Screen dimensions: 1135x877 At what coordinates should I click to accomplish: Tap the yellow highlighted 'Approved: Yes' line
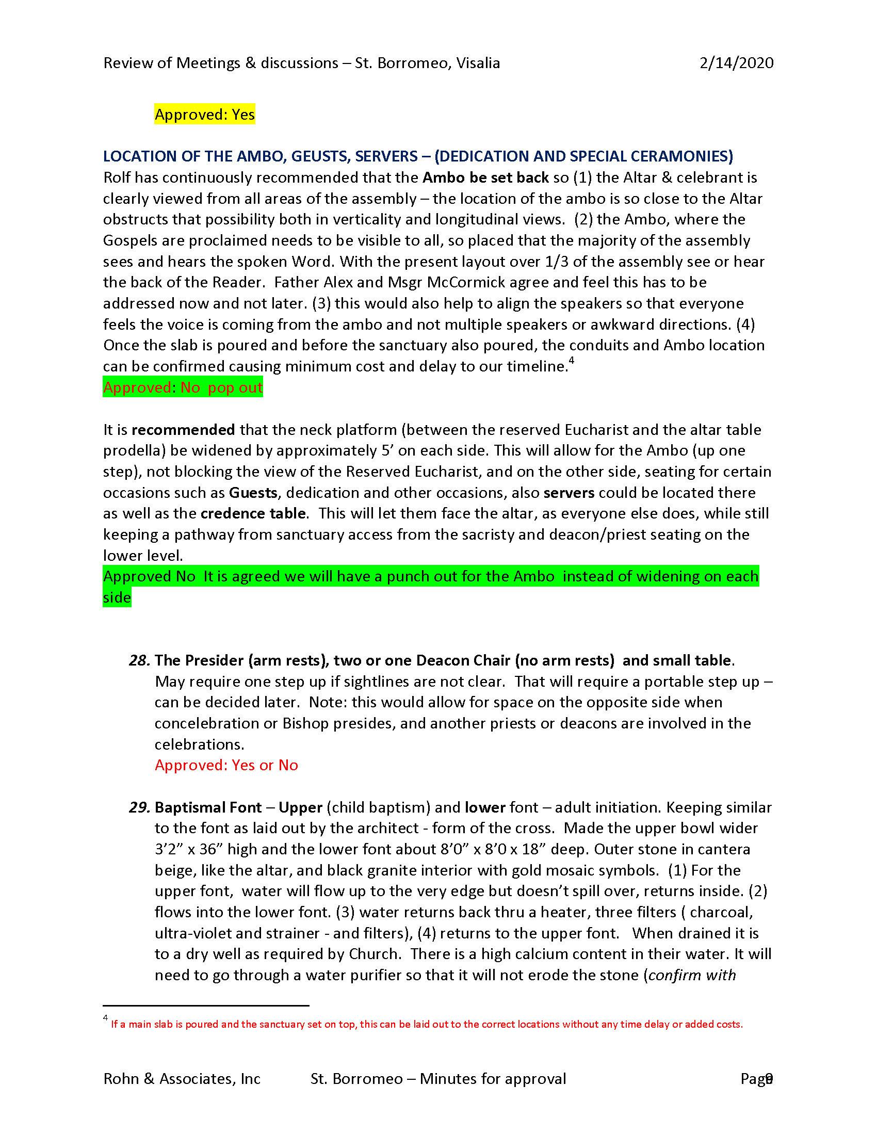tap(205, 115)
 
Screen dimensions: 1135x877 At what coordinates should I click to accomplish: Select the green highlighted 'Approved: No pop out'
tap(183, 387)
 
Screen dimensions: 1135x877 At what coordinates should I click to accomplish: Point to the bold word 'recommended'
tap(183, 430)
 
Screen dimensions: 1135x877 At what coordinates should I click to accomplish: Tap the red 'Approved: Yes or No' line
tap(226, 766)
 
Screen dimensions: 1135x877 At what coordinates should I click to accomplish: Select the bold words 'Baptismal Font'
tap(208, 807)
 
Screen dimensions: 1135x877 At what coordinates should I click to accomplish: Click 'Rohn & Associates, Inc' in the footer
tap(182, 1079)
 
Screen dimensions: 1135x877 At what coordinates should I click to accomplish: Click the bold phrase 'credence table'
tap(253, 513)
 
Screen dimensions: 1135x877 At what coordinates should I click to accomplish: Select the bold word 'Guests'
tap(253, 493)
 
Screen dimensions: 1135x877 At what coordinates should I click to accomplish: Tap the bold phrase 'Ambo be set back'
tap(485, 178)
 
